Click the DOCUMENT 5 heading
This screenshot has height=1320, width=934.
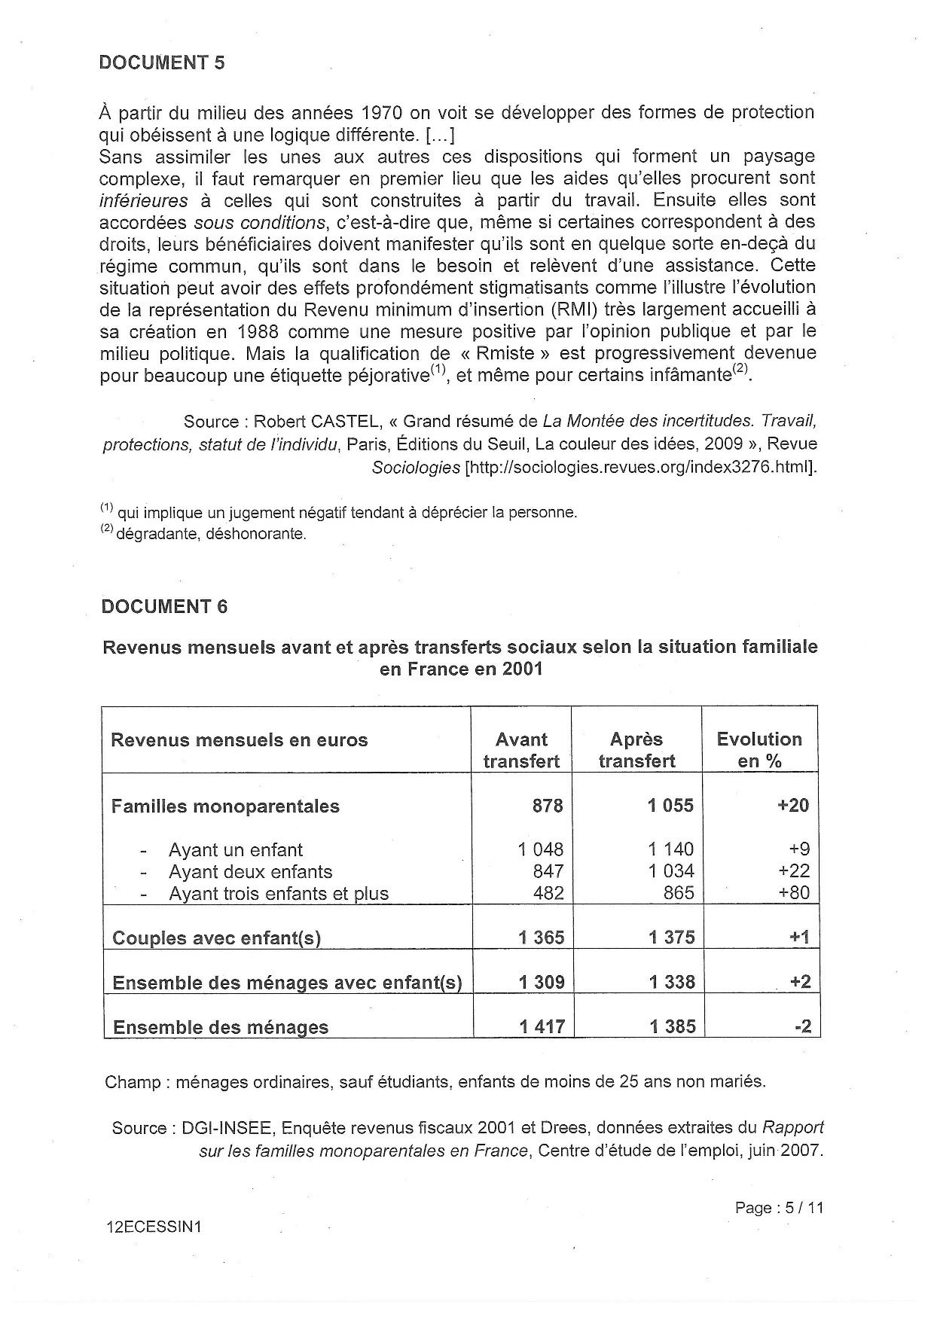(x=162, y=62)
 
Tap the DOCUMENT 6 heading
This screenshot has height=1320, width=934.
(x=164, y=606)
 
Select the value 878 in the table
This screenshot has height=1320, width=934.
(x=548, y=806)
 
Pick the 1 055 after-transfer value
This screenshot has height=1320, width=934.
(x=670, y=806)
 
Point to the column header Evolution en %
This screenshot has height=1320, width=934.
(x=759, y=750)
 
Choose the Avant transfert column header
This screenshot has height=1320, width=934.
(x=521, y=750)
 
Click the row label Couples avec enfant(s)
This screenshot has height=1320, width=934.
(x=216, y=938)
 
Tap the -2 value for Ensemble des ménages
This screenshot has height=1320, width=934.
(x=803, y=1026)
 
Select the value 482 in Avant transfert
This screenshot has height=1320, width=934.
(x=548, y=893)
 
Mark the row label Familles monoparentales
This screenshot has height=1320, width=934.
(x=225, y=806)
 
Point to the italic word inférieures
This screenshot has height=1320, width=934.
(x=144, y=200)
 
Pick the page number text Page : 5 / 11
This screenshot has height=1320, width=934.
(x=780, y=1208)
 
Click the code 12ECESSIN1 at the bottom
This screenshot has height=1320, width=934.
(x=154, y=1227)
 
